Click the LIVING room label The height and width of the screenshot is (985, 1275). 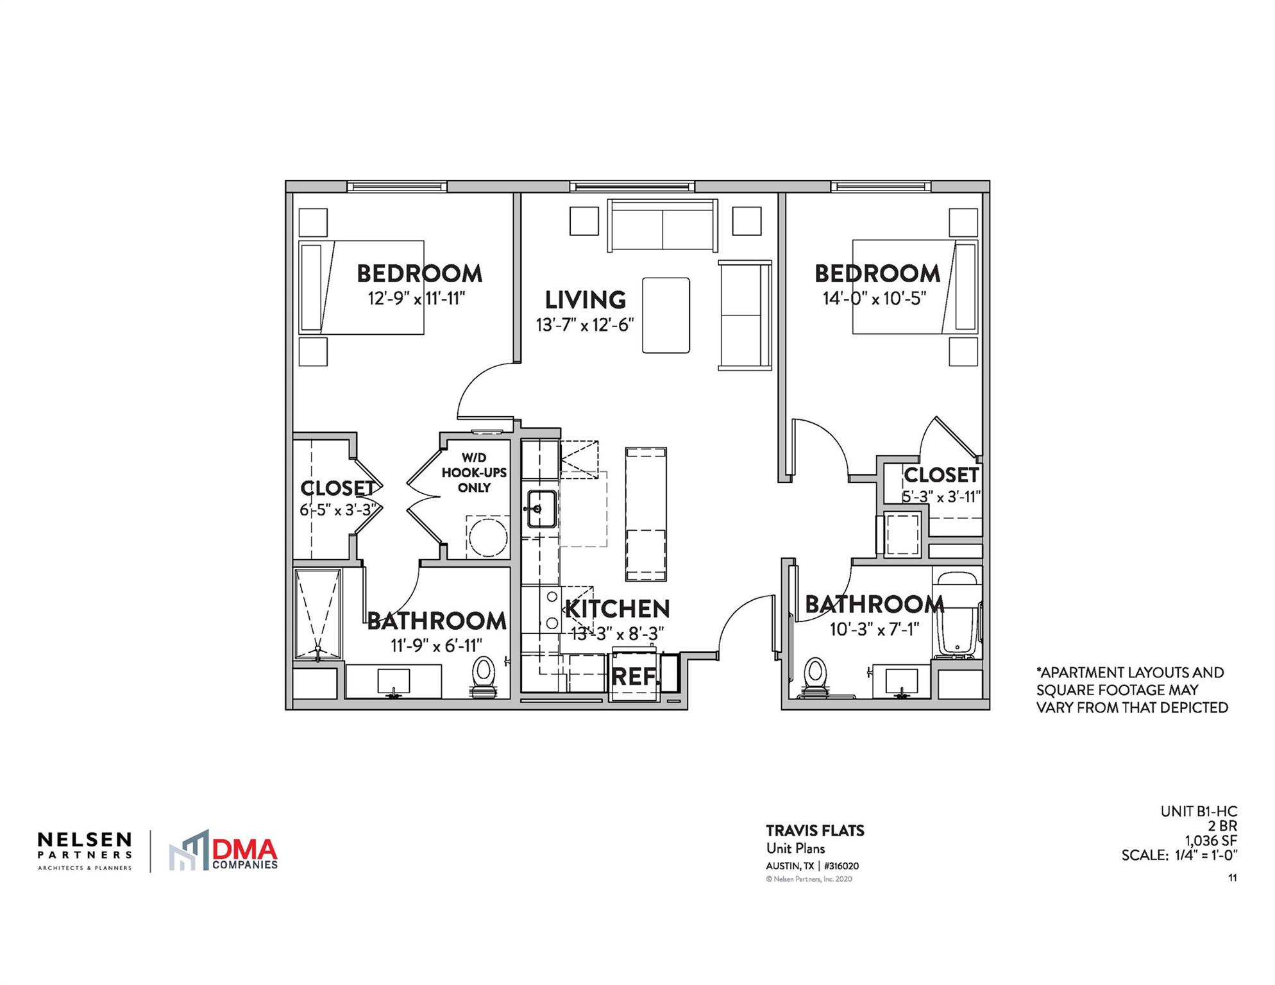[585, 300]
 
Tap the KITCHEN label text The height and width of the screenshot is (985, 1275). [617, 609]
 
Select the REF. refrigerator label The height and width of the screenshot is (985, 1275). [634, 677]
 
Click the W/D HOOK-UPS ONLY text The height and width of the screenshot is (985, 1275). [474, 473]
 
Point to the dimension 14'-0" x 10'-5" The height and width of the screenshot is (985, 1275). [875, 299]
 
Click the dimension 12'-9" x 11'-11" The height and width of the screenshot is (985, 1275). [416, 299]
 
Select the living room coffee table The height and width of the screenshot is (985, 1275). [666, 315]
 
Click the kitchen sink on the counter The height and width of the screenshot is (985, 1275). [541, 509]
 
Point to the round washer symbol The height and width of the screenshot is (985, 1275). [487, 537]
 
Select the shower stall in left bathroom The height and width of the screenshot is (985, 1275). [317, 614]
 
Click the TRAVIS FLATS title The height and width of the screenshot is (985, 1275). [815, 830]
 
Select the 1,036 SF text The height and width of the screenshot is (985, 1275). [1210, 841]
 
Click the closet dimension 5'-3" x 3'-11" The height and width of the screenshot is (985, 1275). [941, 496]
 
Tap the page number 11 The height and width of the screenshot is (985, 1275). [1232, 878]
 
